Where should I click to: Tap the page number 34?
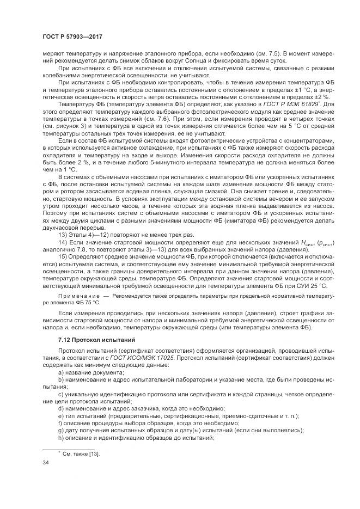click(46, 462)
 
